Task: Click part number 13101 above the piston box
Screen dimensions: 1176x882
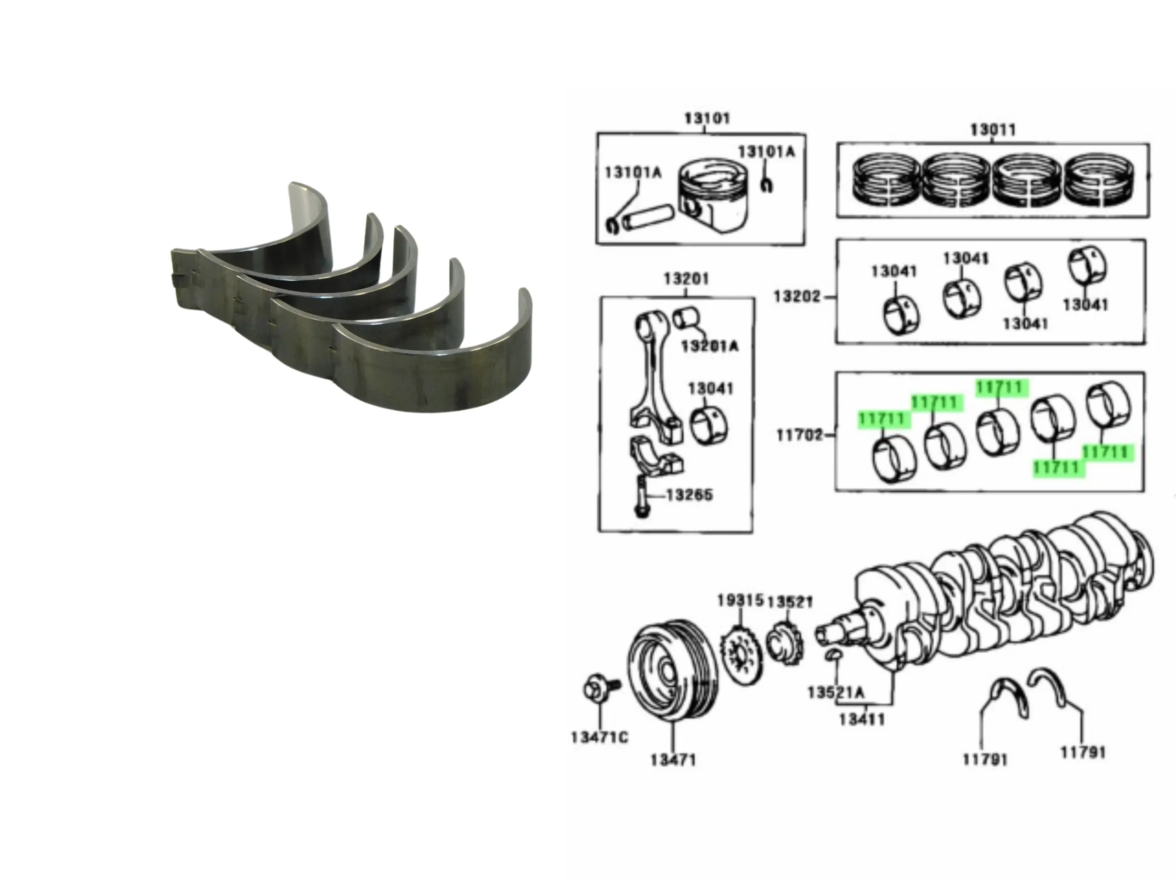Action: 707,118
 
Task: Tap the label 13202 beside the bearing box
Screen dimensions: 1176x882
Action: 797,296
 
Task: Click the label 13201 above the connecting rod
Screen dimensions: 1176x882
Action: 686,278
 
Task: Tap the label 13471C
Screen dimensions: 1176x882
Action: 599,737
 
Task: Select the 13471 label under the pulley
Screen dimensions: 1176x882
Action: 673,760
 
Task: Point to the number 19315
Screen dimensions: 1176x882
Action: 740,601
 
